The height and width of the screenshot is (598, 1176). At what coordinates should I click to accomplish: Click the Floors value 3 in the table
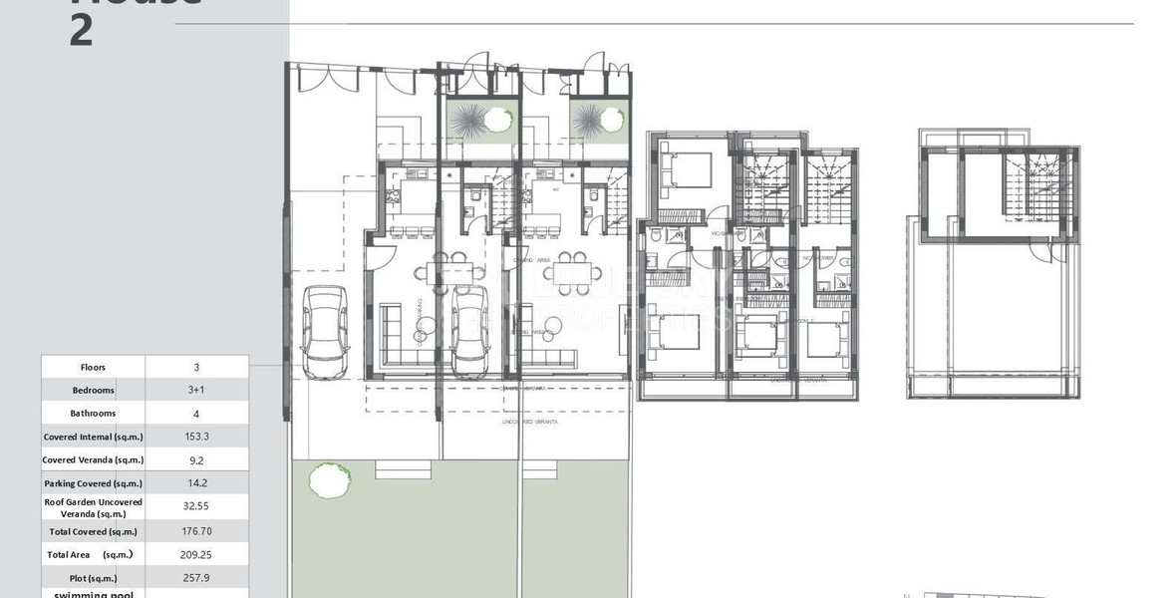pos(196,367)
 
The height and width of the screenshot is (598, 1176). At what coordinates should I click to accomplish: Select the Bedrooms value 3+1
pos(196,390)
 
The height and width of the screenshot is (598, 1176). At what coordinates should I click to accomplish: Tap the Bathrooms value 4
pos(196,413)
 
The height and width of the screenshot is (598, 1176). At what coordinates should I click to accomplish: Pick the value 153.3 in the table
pos(196,437)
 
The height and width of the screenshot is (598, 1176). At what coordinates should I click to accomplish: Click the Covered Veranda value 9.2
pos(196,459)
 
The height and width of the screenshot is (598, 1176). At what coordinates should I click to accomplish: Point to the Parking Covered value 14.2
pos(196,483)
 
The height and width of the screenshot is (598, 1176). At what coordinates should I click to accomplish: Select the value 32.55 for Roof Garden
pos(196,506)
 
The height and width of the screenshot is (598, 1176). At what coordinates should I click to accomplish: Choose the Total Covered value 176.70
pos(196,531)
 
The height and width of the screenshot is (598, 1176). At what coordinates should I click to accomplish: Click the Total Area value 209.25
pos(196,554)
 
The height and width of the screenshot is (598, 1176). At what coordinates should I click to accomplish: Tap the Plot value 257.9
pos(196,578)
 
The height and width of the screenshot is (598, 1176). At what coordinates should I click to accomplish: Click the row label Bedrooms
pos(94,390)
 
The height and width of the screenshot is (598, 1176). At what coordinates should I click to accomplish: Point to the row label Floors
pos(94,367)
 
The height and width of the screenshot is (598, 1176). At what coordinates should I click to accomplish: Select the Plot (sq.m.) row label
pos(94,578)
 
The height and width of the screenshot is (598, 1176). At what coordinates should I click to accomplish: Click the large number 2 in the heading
pos(82,32)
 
